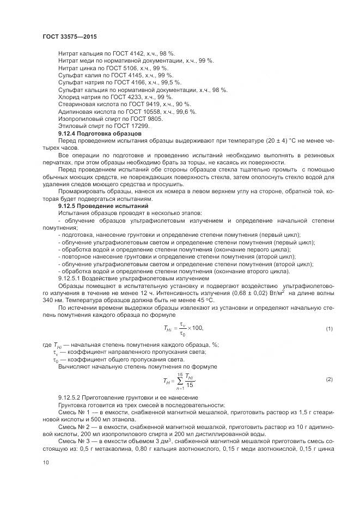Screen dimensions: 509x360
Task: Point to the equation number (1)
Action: tap(329, 329)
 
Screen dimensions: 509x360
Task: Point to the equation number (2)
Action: tap(329, 379)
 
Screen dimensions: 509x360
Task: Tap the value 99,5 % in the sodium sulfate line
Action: tap(169, 82)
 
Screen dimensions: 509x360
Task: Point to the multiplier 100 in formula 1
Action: tap(194, 328)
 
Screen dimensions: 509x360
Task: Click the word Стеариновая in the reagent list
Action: tap(78, 104)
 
